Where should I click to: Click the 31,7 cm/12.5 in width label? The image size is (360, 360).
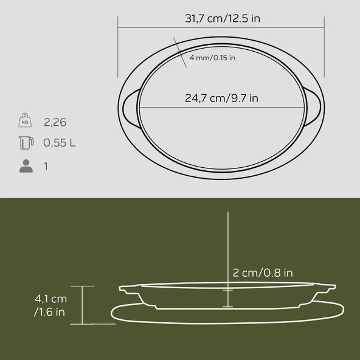click(223, 19)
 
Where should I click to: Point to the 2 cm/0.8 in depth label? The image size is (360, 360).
click(263, 273)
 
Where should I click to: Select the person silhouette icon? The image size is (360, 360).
click(26, 165)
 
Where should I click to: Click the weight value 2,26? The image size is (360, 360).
click(55, 122)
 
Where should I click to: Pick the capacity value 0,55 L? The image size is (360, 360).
click(60, 144)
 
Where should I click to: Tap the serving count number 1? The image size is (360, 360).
click(46, 165)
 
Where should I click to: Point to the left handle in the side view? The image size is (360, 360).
click(128, 288)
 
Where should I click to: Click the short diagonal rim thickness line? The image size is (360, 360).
click(179, 50)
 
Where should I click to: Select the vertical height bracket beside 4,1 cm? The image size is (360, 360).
click(83, 305)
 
